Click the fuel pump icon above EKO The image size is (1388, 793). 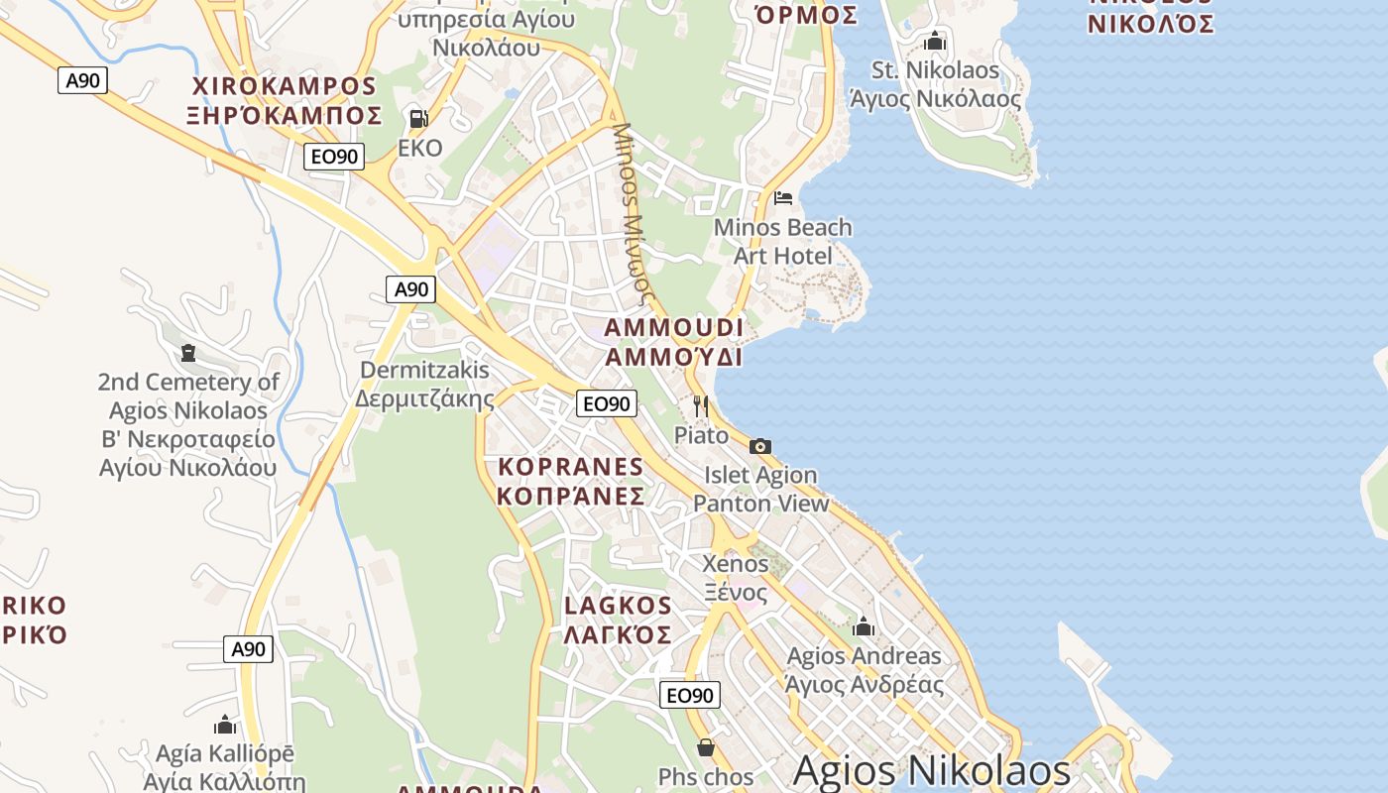418,119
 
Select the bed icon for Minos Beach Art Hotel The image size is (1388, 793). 783,197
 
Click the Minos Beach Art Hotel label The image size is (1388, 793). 782,241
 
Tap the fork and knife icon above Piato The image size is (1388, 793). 700,405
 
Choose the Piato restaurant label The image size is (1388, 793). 701,435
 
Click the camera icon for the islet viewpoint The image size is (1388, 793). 760,446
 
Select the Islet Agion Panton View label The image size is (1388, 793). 760,490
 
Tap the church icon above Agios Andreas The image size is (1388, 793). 864,626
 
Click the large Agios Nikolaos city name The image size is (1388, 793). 932,770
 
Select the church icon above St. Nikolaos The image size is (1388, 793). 935,42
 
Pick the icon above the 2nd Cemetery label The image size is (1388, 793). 188,352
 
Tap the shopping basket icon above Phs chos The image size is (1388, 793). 706,746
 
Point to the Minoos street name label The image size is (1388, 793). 635,213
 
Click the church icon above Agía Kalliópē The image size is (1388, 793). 225,725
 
